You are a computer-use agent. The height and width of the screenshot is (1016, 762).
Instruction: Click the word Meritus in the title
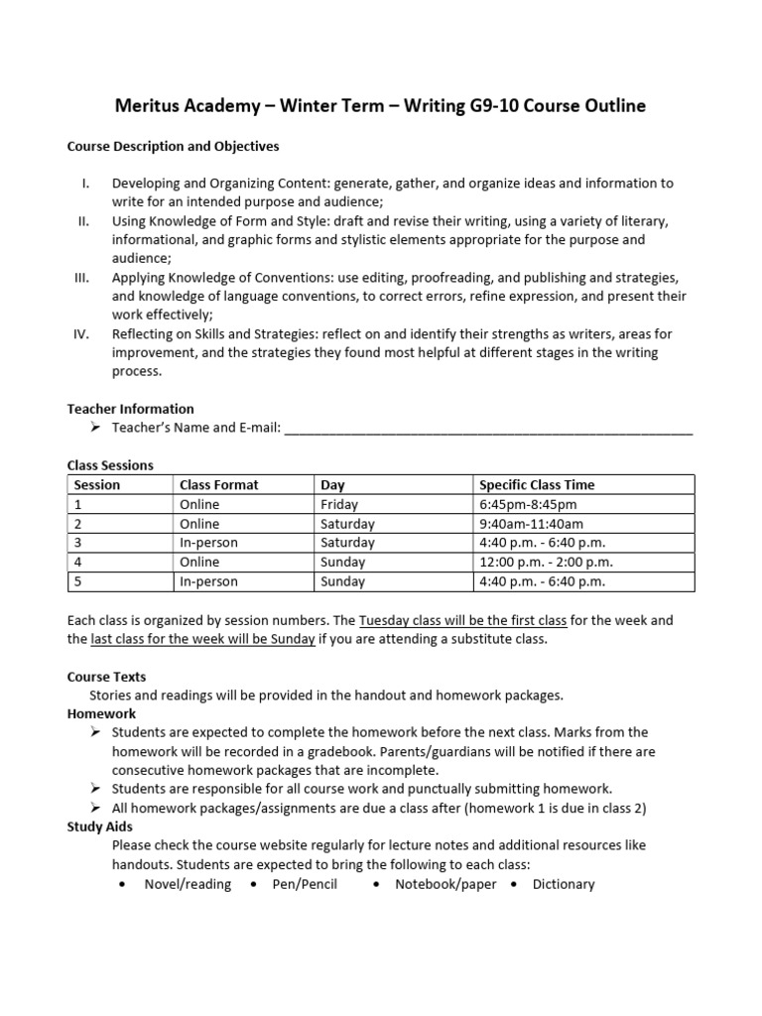[149, 106]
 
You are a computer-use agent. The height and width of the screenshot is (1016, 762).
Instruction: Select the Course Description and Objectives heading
[173, 146]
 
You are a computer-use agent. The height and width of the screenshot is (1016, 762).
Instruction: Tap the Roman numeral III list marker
[81, 278]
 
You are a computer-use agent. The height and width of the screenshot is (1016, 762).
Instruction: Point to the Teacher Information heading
[130, 408]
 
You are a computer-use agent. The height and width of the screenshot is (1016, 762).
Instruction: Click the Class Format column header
[218, 485]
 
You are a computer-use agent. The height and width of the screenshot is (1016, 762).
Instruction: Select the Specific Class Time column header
[537, 485]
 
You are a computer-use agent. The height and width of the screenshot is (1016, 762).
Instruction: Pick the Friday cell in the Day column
[338, 504]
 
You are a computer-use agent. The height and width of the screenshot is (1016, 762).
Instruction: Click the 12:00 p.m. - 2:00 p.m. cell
[543, 563]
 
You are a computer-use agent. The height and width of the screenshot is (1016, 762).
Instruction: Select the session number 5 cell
[78, 581]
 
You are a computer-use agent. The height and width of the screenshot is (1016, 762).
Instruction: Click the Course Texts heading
[106, 677]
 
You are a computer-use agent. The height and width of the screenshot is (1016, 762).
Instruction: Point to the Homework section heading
[101, 713]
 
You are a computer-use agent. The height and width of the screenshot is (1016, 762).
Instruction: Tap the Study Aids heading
[99, 826]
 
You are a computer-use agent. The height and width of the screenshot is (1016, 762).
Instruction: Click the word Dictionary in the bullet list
[563, 884]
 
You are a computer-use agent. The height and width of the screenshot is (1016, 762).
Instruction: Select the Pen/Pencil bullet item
[305, 884]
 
